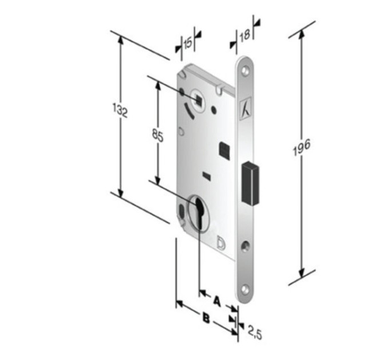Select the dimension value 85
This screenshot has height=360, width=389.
point(158,136)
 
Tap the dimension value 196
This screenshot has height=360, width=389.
point(301,147)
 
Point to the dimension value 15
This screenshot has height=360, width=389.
point(188,43)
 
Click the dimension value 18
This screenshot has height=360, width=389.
point(245,35)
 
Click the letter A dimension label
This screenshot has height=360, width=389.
point(217,301)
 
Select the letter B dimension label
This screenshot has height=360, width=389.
point(206,318)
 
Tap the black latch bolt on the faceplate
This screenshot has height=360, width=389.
point(251,183)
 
